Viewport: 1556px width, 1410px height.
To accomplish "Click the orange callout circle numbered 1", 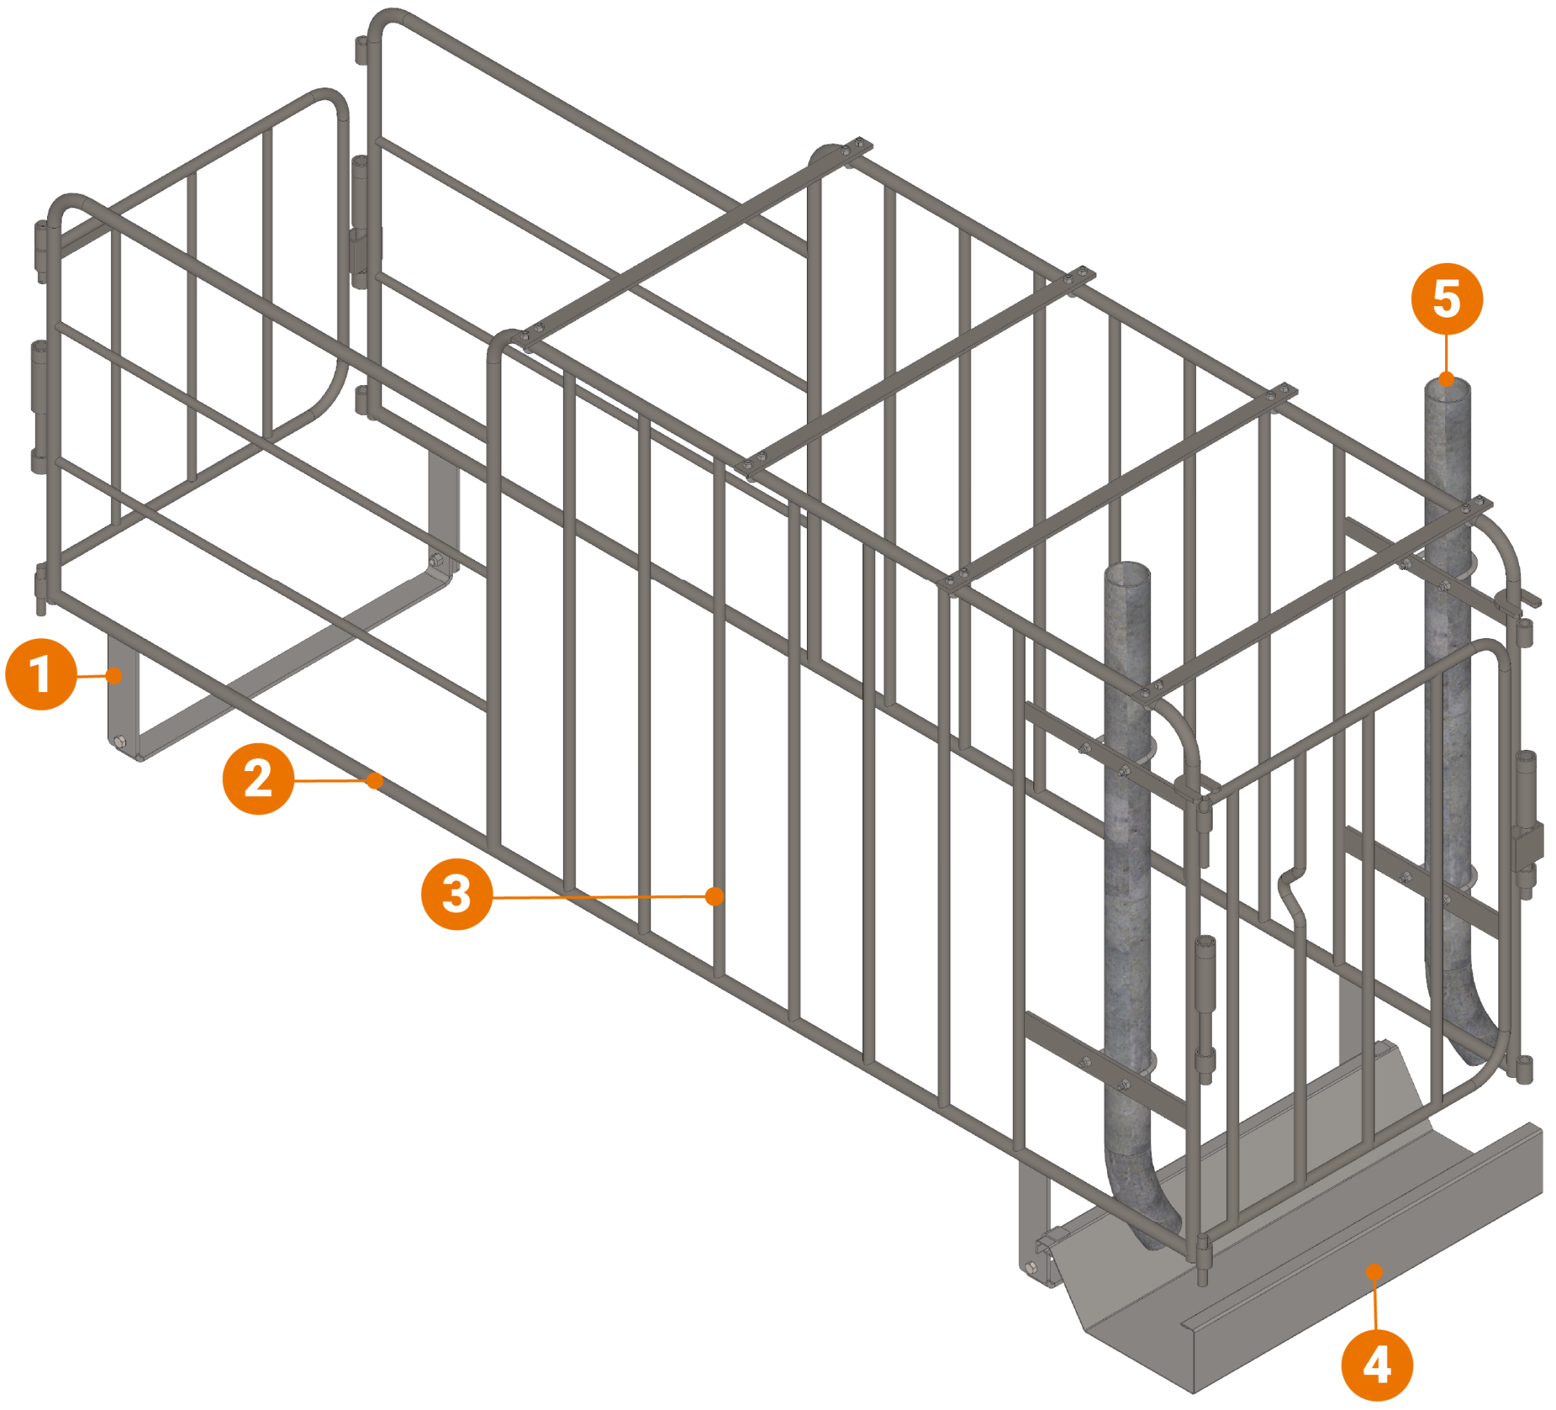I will tap(40, 674).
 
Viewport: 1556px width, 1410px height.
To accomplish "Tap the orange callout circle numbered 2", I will tap(258, 778).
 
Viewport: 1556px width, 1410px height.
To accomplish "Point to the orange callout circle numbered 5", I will tap(1447, 299).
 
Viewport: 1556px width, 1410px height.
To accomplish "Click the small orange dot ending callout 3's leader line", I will tap(715, 896).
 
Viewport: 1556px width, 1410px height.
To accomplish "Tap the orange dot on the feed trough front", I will tap(1374, 1272).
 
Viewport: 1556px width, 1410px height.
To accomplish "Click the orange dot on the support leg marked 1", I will tap(114, 676).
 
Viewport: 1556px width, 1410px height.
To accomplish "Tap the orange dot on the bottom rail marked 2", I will tap(375, 781).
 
